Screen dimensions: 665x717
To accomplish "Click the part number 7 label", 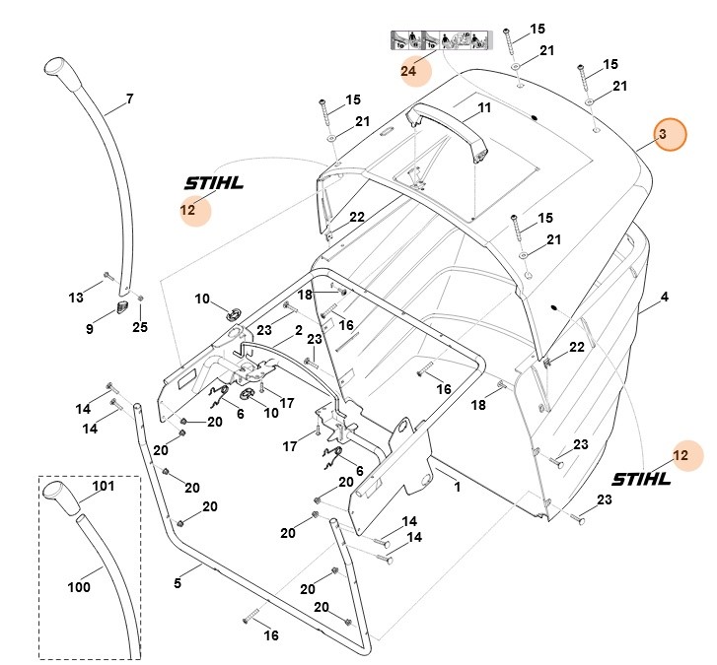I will coord(128,99).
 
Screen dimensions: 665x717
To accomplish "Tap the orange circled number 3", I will coord(664,134).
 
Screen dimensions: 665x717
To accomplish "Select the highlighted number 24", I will coord(408,71).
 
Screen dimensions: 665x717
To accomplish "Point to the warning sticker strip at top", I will coord(437,41).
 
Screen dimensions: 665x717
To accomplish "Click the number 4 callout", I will coord(665,296).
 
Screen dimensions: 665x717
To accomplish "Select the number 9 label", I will coord(90,329).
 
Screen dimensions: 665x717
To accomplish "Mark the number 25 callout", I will coord(140,327).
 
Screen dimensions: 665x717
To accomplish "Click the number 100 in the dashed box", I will coord(79,587).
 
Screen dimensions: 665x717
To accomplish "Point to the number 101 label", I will coord(104,486).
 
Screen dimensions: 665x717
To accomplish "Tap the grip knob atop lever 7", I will coord(59,72).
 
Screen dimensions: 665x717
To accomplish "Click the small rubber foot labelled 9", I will coord(122,308).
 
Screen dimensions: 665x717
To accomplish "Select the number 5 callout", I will coord(178,583).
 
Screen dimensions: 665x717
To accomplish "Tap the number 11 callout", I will coord(483,106).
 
